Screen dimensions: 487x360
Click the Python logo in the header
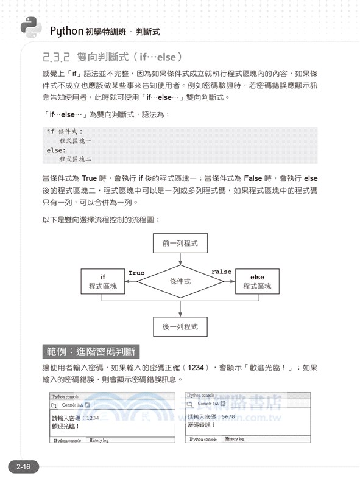click(30, 27)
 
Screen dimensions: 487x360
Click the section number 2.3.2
click(57, 58)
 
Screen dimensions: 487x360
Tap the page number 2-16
click(23, 467)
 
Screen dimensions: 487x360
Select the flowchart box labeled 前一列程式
click(180, 245)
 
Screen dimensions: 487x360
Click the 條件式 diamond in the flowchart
click(180, 282)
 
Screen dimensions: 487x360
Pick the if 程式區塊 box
click(103, 281)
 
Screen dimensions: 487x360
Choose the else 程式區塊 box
click(257, 281)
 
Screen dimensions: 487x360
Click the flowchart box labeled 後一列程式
click(180, 326)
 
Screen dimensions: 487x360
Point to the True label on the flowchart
click(136, 273)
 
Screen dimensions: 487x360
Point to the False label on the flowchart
click(221, 272)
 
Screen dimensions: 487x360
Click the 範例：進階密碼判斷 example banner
click(93, 352)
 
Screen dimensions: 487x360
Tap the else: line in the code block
click(55, 150)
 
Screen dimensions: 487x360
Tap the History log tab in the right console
click(235, 438)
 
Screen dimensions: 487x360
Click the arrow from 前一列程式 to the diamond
click(180, 260)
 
